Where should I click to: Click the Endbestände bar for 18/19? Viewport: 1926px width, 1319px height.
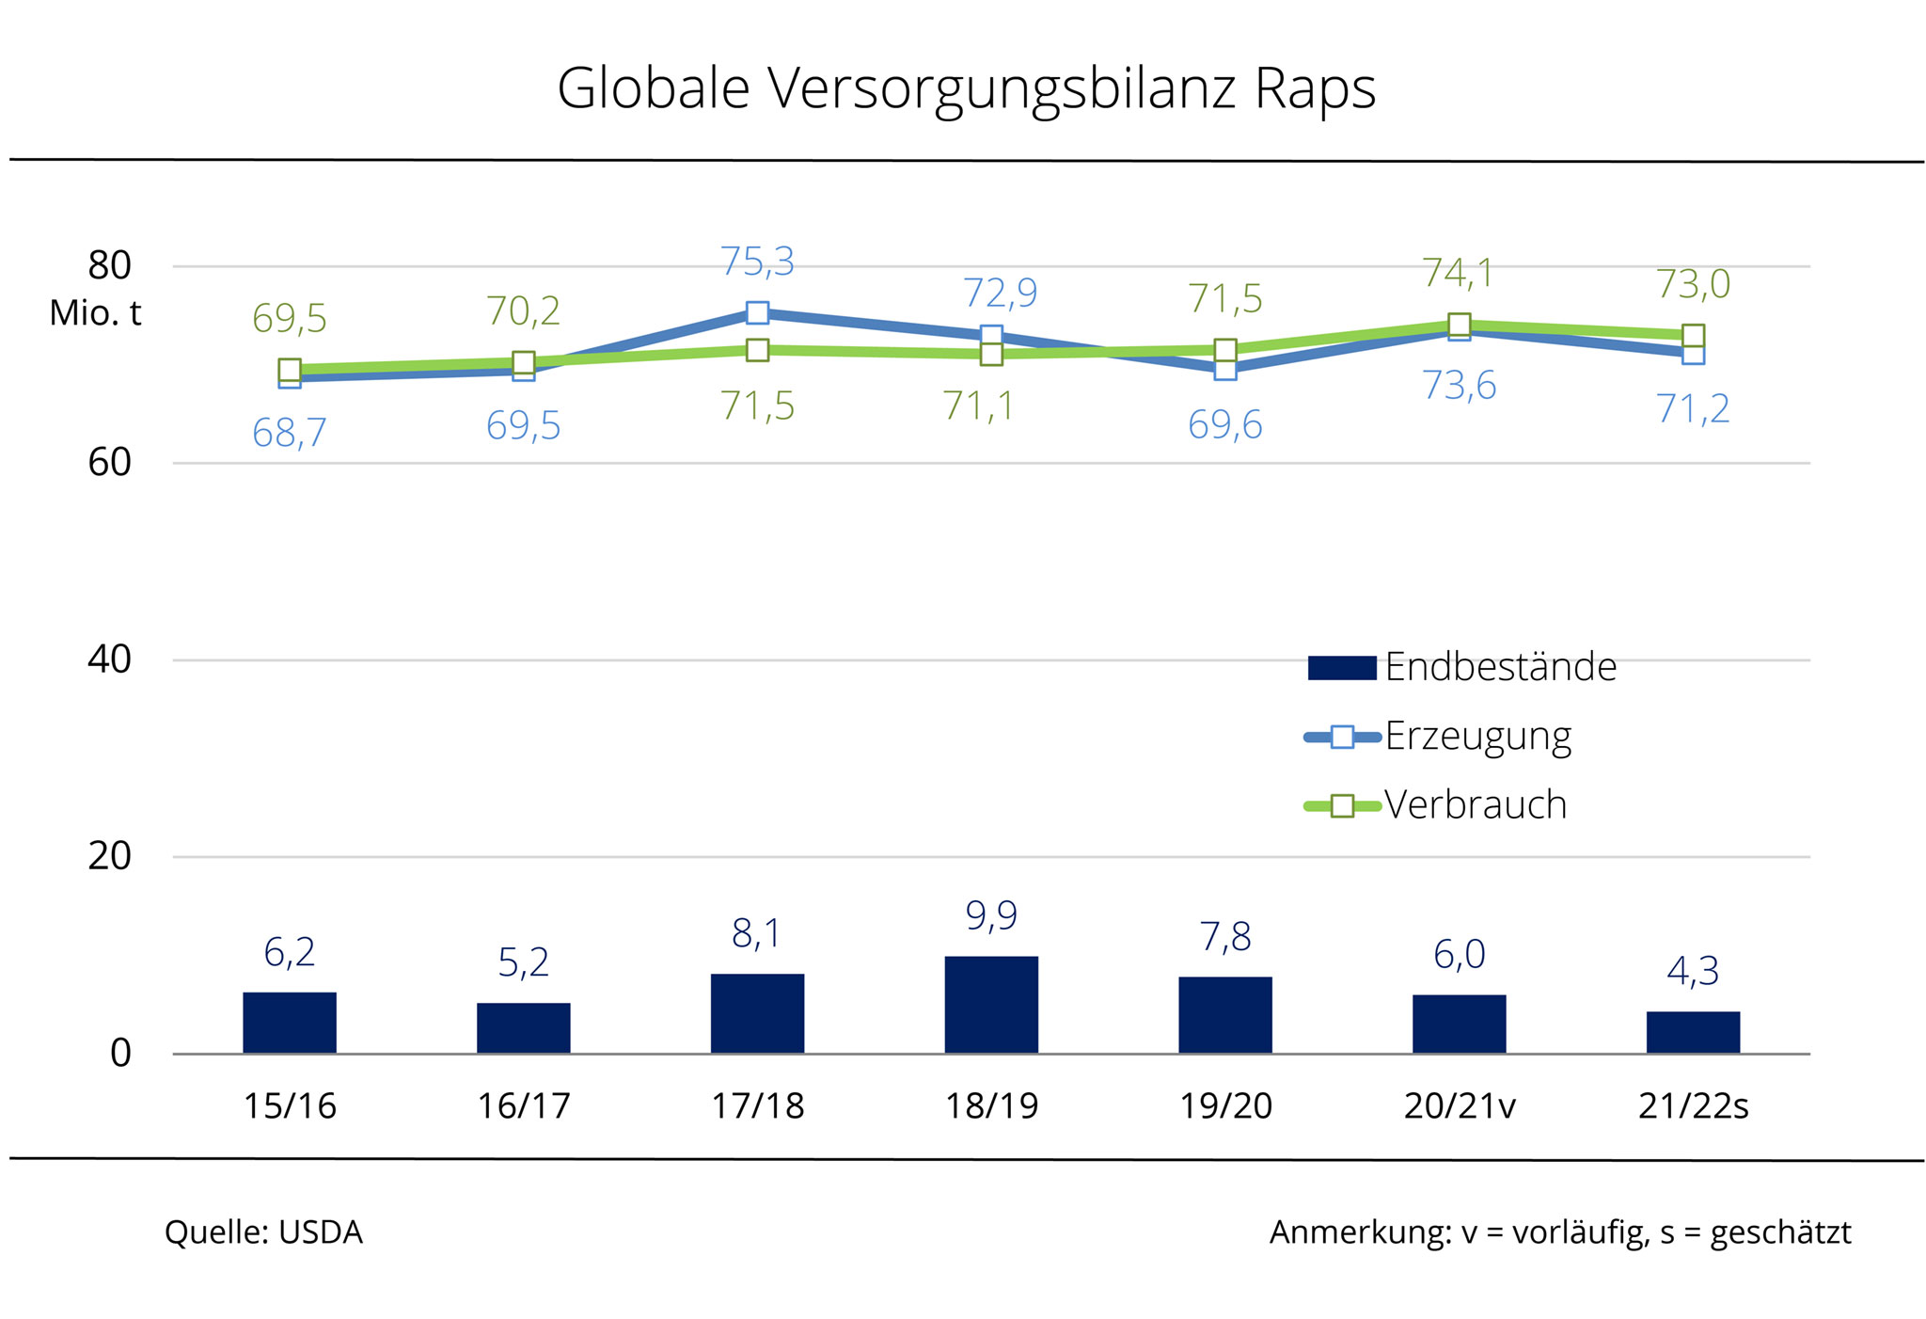click(x=991, y=1004)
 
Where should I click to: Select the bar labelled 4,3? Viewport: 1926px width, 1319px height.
click(x=1693, y=1032)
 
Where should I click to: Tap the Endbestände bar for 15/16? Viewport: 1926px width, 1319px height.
click(x=290, y=1023)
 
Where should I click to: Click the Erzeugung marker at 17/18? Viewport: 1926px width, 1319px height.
click(x=758, y=312)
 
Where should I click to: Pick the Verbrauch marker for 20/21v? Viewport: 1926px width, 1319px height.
click(x=1460, y=326)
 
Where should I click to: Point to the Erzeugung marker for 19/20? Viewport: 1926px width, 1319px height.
click(x=1225, y=369)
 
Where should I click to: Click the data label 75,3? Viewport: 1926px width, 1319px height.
click(x=758, y=262)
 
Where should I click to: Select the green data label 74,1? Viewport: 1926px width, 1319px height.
click(x=1459, y=274)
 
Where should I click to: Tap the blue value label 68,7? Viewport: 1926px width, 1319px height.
click(x=290, y=433)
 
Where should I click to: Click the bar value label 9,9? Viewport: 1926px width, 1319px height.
click(x=991, y=915)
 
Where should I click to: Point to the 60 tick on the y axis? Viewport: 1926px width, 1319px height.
click(x=109, y=463)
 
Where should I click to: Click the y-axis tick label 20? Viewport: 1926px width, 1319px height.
click(x=109, y=856)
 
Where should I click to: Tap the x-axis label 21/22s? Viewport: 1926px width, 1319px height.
click(x=1693, y=1106)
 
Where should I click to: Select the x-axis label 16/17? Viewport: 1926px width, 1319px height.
click(x=524, y=1106)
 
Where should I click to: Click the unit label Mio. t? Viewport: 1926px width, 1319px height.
click(x=95, y=314)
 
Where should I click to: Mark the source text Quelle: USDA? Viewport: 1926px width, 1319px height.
click(x=263, y=1232)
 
